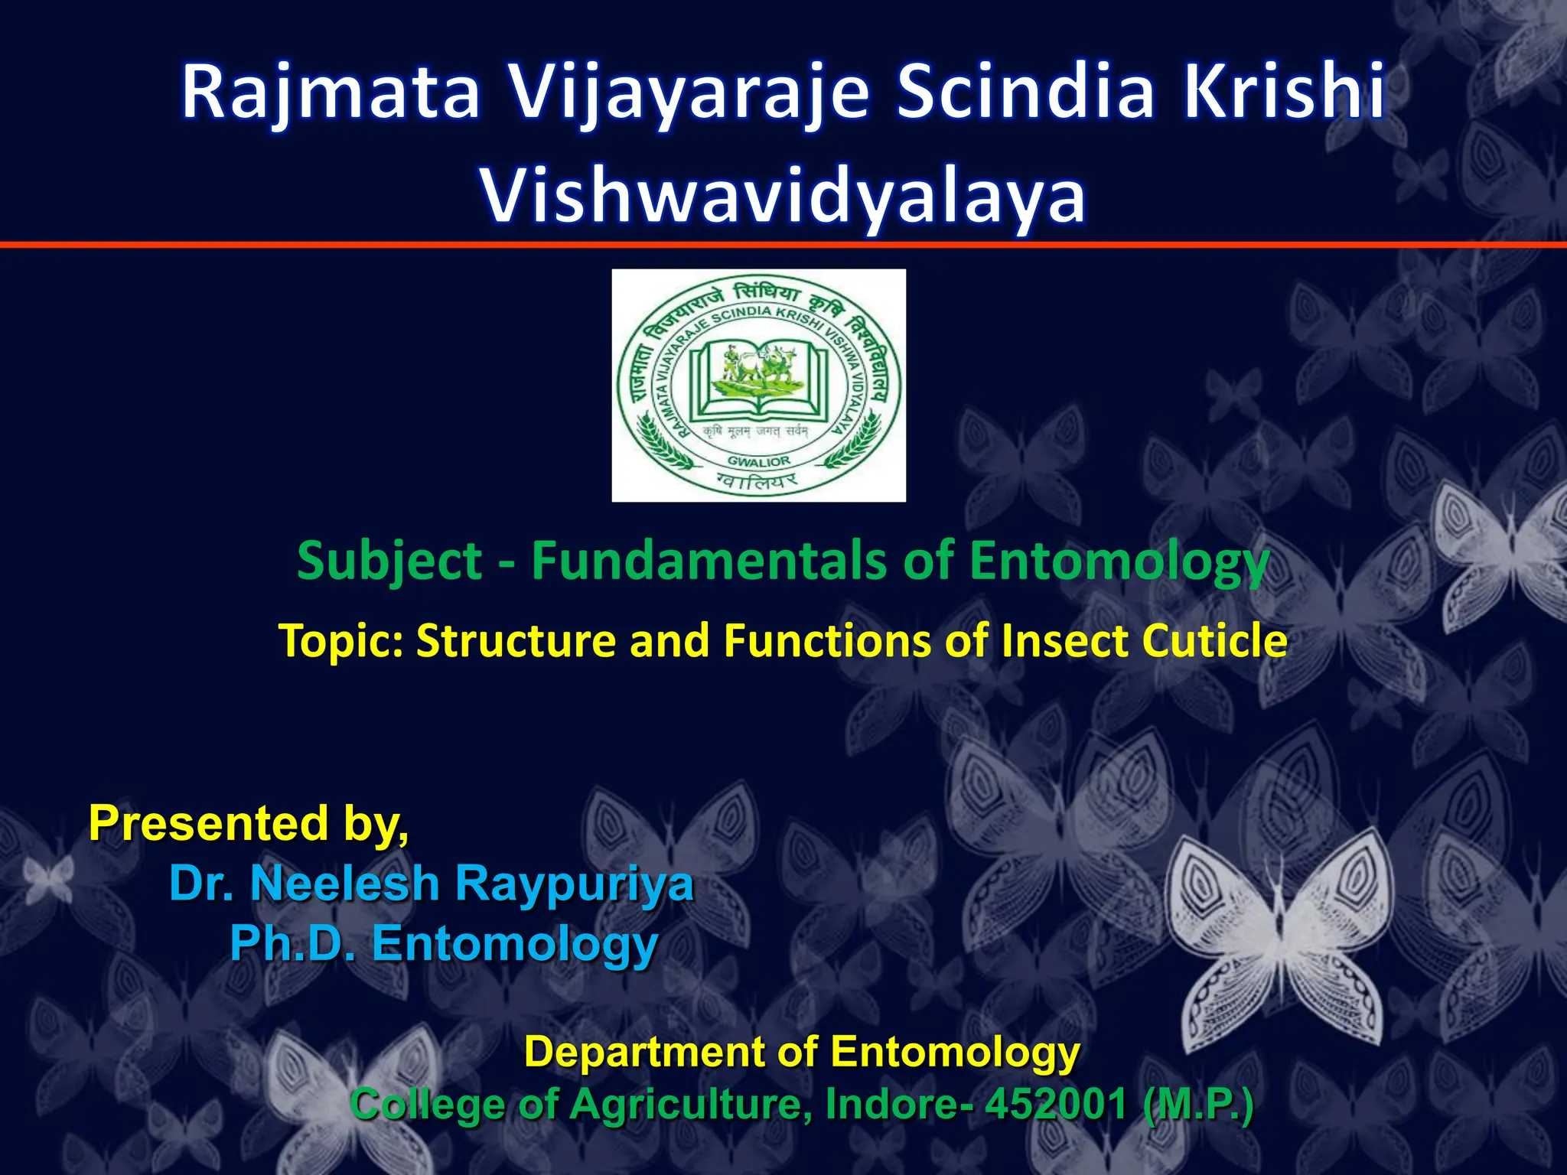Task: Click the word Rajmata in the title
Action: click(x=331, y=93)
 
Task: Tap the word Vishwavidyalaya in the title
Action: click(x=783, y=197)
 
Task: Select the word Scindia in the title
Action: click(x=1025, y=93)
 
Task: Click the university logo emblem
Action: click(x=758, y=385)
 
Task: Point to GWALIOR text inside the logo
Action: click(x=758, y=461)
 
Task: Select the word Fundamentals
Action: click(x=709, y=561)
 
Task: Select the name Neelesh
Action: click(x=344, y=884)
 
